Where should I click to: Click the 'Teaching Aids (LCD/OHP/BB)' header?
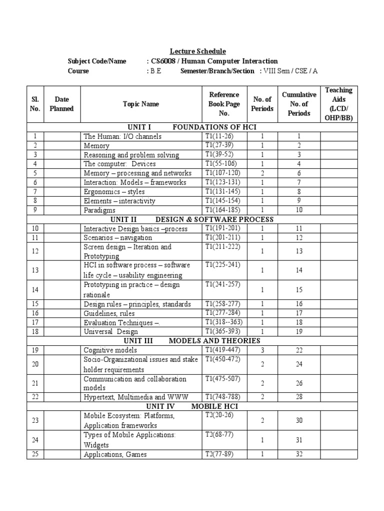tap(338, 104)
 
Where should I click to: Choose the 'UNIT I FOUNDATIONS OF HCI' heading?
tap(192, 127)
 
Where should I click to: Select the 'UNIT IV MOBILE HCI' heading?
tap(192, 406)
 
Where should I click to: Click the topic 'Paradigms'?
tap(100, 210)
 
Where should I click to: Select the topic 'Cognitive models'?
tap(110, 350)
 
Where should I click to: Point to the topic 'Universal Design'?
tap(111, 331)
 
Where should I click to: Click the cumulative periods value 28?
tap(299, 397)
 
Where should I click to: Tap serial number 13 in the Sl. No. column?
tap(35, 270)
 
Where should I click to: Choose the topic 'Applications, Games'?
tap(115, 454)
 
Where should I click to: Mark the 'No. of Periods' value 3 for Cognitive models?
tap(262, 350)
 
